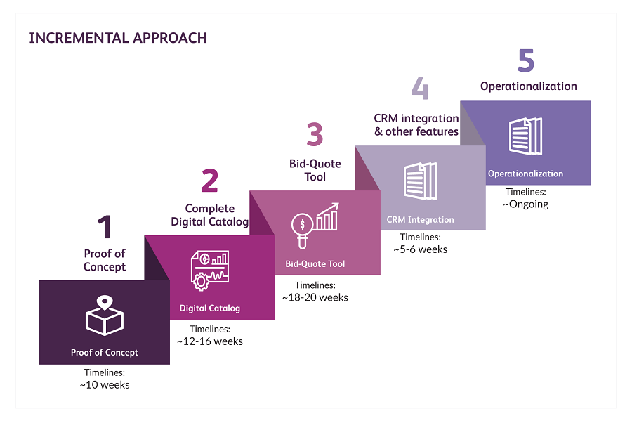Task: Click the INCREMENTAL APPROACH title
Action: tap(118, 38)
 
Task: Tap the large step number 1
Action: tap(105, 227)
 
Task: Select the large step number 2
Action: tap(209, 181)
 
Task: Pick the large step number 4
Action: tap(420, 89)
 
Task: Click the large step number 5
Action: tap(526, 61)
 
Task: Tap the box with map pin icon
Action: tap(105, 315)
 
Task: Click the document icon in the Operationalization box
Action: tap(525, 135)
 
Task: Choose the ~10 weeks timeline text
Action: tap(105, 384)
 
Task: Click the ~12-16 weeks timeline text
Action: tap(210, 341)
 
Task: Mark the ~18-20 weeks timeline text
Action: tap(315, 297)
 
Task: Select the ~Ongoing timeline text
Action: tap(526, 204)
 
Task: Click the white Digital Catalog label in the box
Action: tap(210, 308)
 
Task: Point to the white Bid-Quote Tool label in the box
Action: tap(315, 264)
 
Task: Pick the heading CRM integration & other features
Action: tap(416, 125)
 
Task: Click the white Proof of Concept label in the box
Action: tap(105, 353)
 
